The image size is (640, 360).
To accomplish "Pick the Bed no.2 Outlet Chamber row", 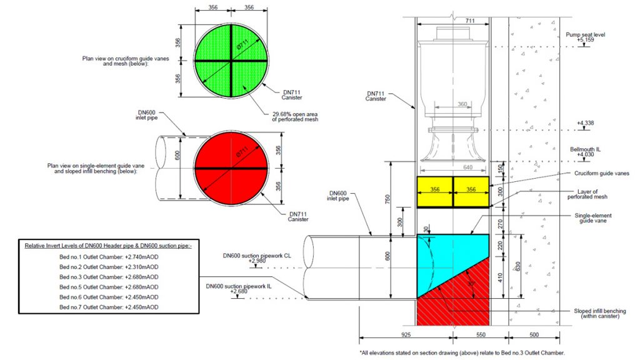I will (x=109, y=267).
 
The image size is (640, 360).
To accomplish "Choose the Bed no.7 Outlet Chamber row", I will (x=109, y=307).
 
